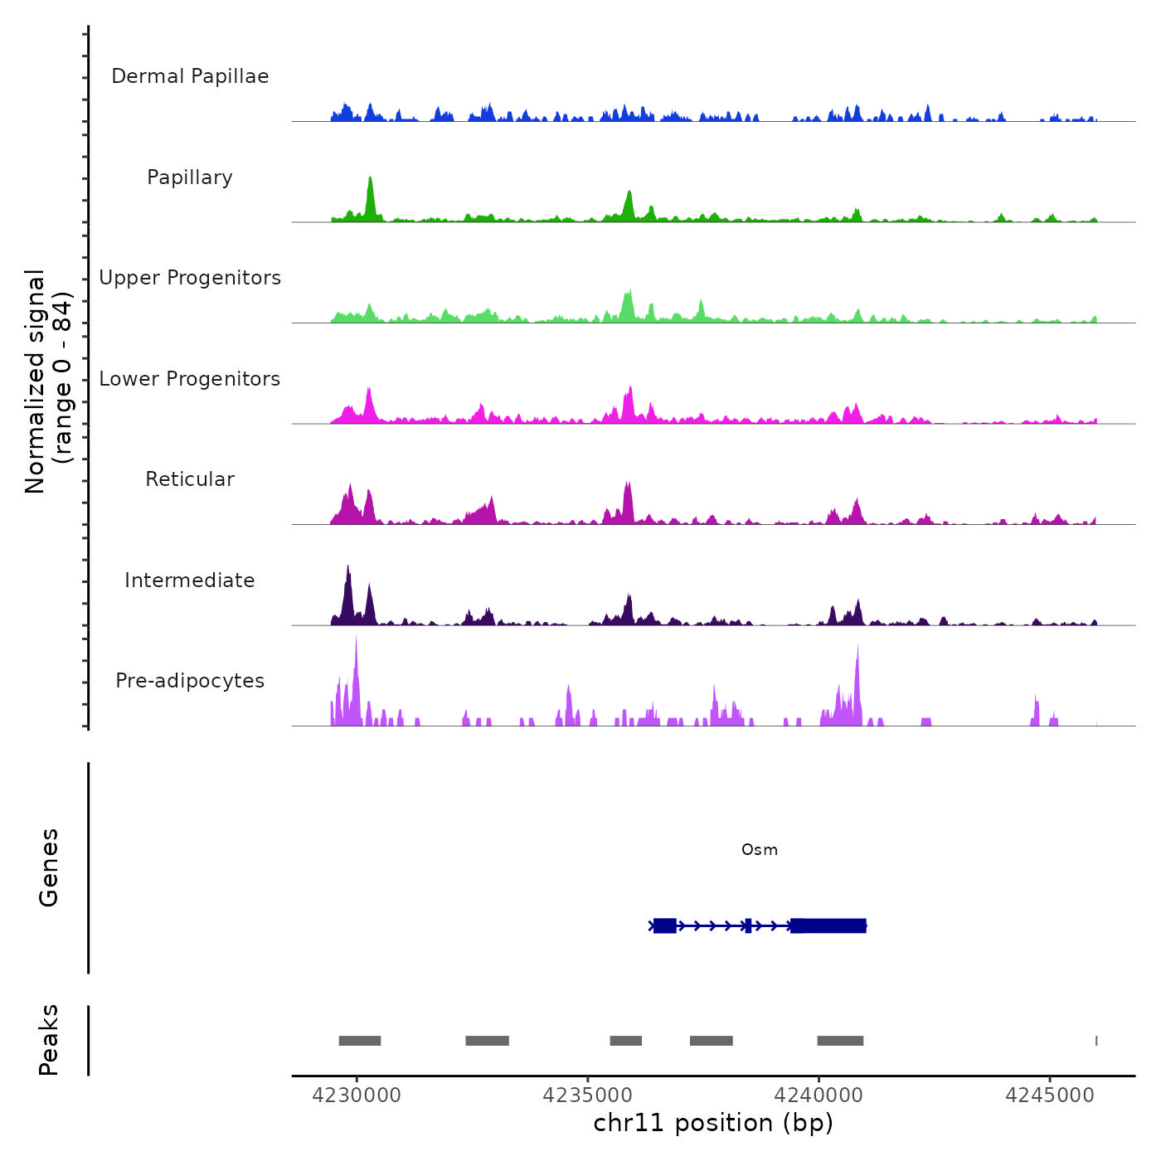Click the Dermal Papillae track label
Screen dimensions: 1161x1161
click(190, 76)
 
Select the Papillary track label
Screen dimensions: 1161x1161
click(190, 177)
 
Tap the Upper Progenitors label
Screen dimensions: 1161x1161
click(190, 278)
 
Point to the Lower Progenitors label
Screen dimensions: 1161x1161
click(190, 379)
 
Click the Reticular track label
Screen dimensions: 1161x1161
click(190, 479)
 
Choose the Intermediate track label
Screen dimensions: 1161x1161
click(190, 580)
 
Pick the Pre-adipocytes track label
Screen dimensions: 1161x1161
click(190, 681)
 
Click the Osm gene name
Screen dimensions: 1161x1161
click(760, 850)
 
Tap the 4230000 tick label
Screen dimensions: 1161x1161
click(357, 1095)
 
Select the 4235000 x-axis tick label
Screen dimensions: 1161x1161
click(587, 1095)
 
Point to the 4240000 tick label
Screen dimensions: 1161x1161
click(819, 1095)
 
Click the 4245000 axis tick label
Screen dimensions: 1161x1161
click(1050, 1095)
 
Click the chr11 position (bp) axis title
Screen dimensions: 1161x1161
click(713, 1123)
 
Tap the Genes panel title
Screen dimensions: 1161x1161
click(49, 867)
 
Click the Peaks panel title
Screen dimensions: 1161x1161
click(49, 1040)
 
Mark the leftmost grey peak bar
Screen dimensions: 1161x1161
click(360, 1041)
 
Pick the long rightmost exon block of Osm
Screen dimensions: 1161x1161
click(828, 925)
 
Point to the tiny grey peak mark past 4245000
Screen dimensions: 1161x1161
click(1096, 1041)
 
